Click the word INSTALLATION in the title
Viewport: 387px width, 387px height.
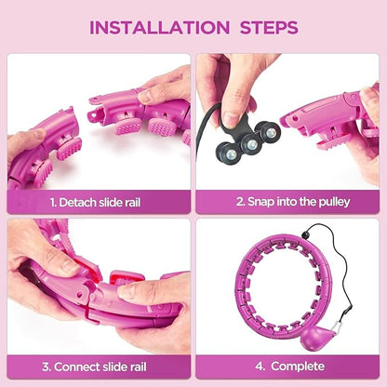coord(159,27)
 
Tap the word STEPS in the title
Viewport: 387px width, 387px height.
coord(269,27)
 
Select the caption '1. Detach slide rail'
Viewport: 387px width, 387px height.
coord(95,203)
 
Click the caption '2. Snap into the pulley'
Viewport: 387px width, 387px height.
coord(293,202)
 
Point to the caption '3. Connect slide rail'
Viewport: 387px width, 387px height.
coord(94,367)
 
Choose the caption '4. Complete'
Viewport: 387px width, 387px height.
coord(290,367)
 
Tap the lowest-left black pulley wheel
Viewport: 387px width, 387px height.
coord(232,153)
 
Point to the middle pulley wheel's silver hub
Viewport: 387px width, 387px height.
coord(251,144)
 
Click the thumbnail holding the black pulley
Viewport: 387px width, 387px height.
coord(233,119)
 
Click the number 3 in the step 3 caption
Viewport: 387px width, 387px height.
coord(46,367)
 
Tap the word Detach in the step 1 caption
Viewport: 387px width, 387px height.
coord(77,203)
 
